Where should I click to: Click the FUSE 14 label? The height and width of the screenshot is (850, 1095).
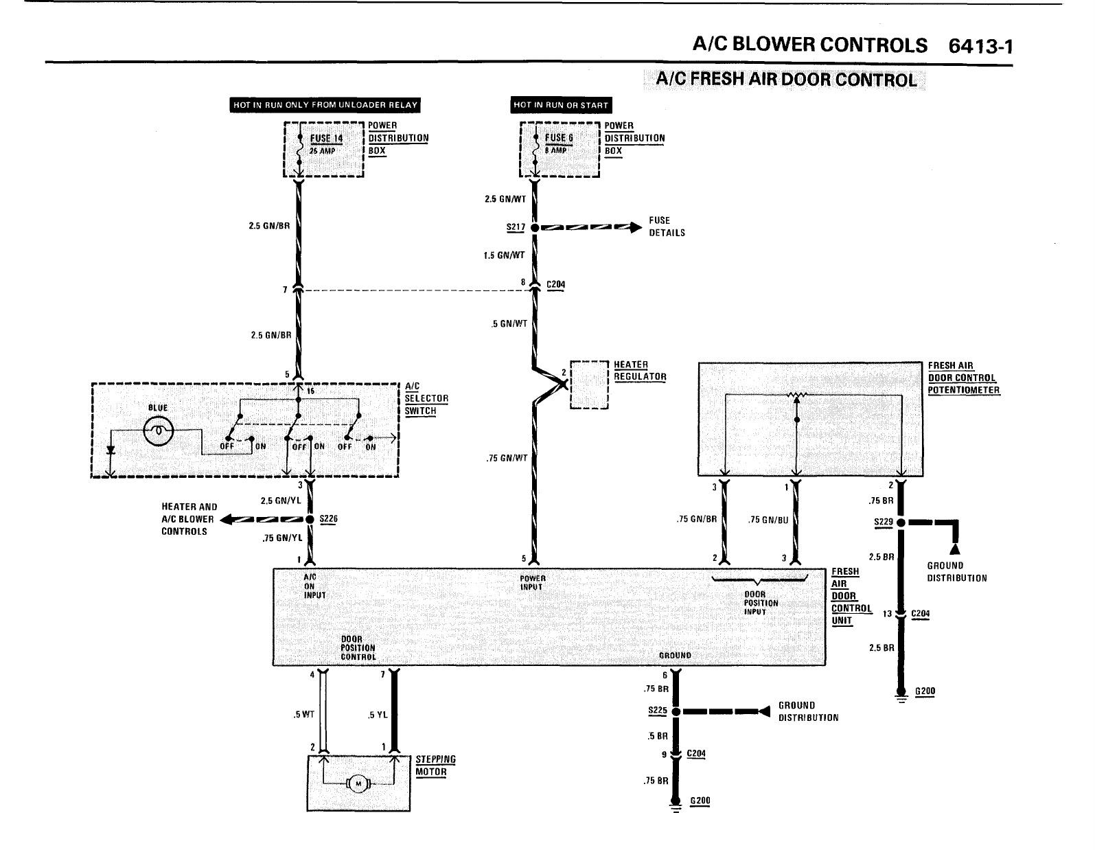click(325, 137)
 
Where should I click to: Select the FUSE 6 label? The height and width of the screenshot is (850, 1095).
click(559, 137)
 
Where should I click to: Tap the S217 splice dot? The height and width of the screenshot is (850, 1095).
click(534, 227)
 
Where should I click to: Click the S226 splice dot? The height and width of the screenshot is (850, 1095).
click(310, 519)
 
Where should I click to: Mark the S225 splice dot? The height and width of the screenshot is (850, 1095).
click(675, 711)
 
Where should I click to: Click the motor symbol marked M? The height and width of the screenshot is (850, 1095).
click(358, 783)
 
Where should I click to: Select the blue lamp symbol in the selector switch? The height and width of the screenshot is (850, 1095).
click(158, 430)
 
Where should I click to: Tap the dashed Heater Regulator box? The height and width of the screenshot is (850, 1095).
click(590, 384)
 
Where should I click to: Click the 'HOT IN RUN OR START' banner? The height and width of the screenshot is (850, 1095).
click(560, 105)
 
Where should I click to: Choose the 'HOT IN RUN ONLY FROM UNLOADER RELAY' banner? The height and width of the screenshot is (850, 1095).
click(325, 105)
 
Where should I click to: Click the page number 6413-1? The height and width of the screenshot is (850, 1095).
click(980, 46)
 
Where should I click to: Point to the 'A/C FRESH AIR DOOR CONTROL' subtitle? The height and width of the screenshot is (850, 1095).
click(786, 80)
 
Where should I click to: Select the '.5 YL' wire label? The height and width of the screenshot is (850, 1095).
click(378, 715)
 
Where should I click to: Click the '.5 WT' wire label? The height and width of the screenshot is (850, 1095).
click(303, 715)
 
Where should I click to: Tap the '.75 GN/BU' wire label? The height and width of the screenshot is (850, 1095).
click(768, 520)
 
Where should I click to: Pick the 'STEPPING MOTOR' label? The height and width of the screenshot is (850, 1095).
click(435, 766)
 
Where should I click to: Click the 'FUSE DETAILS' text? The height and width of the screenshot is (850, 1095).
click(667, 227)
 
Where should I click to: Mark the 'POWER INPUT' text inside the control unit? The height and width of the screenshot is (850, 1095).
click(532, 583)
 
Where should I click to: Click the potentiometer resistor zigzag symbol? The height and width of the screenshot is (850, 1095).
click(797, 395)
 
